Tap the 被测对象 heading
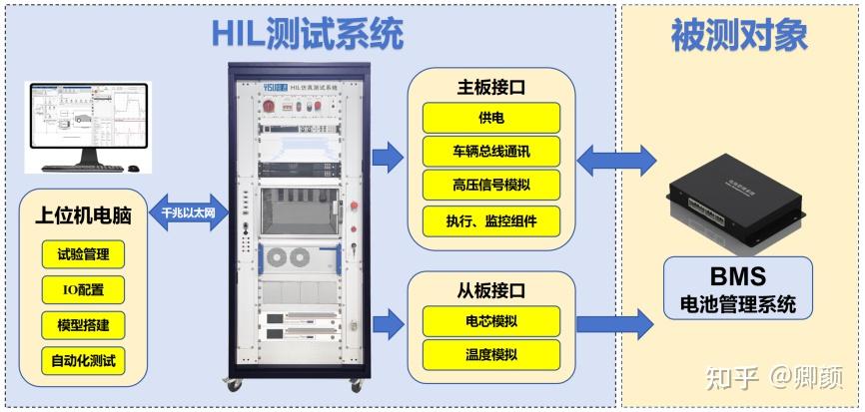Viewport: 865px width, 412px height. tap(739, 37)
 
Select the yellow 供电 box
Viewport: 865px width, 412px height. tap(491, 119)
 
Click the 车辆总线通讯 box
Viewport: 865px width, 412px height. tap(491, 153)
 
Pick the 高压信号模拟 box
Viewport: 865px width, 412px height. tap(491, 186)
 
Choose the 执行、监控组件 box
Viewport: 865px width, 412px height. tap(491, 220)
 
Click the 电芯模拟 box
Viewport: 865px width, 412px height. tap(491, 320)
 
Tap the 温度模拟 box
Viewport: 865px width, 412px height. tap(491, 353)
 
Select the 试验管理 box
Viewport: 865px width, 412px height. tap(84, 254)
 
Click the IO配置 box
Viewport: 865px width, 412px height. tap(84, 289)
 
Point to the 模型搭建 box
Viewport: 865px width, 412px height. tap(84, 325)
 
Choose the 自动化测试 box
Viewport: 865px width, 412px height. tap(84, 360)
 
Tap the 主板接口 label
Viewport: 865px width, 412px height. tap(491, 87)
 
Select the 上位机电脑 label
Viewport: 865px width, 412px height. tap(84, 215)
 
